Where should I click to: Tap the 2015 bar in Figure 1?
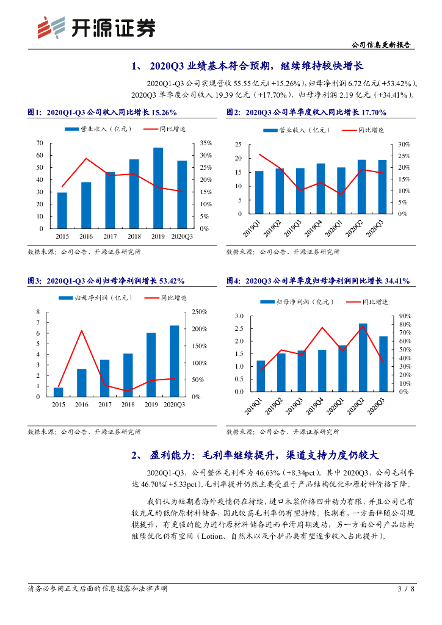click(x=62, y=211)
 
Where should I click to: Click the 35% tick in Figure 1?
click(x=205, y=143)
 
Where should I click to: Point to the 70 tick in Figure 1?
click(x=40, y=143)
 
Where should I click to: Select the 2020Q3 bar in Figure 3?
click(x=175, y=361)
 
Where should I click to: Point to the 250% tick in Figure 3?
click(x=199, y=312)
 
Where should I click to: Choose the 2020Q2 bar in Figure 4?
click(x=363, y=357)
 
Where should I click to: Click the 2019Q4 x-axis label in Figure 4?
click(x=320, y=406)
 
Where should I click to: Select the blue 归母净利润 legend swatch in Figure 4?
click(x=267, y=302)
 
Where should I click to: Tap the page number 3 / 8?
click(x=406, y=589)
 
